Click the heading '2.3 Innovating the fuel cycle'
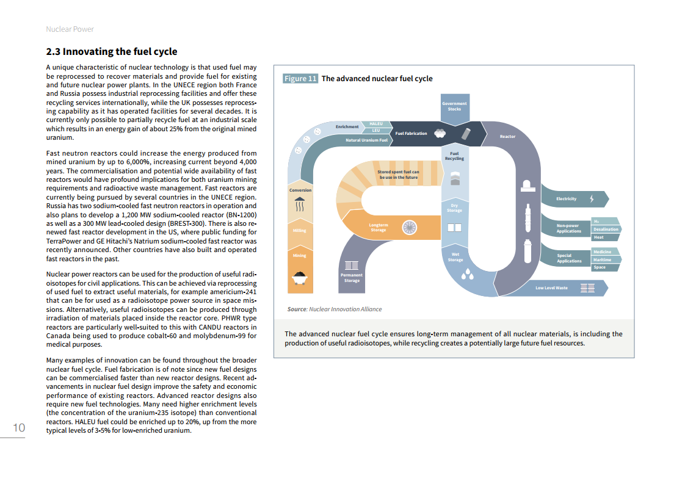(112, 52)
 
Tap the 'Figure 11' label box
(300, 79)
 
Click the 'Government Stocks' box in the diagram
(454, 106)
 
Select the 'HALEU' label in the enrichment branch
(376, 124)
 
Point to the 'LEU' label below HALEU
(376, 130)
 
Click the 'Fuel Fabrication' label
(411, 134)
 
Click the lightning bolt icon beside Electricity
(591, 199)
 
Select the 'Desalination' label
(606, 229)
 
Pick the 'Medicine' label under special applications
(602, 252)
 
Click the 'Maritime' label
(602, 259)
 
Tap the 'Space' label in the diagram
(600, 267)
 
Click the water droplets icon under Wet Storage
(467, 275)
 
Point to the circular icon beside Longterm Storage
(410, 228)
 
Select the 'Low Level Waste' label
(551, 288)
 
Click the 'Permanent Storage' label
(352, 278)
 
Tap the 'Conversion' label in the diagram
(300, 190)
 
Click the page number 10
(19, 428)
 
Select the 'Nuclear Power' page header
(70, 29)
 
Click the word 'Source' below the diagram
(297, 309)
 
